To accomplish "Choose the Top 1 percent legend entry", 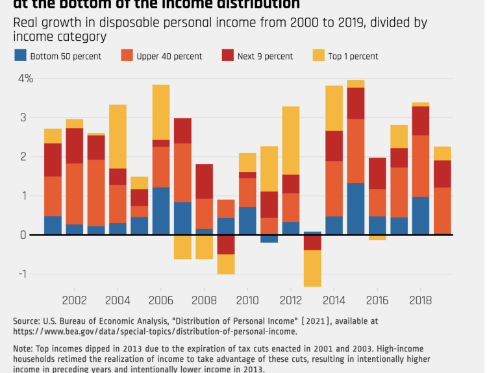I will tap(345, 56).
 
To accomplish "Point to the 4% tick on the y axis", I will tap(25, 78).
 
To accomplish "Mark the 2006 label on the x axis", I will tap(160, 301).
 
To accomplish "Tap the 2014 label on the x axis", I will tap(334, 301).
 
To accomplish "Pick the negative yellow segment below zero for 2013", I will tap(312, 268).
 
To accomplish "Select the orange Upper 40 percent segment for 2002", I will tap(74, 194).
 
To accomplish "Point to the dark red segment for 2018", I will tap(420, 121).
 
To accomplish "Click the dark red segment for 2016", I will tap(377, 173).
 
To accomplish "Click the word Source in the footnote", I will tap(27, 321).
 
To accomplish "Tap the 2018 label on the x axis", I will tap(420, 301).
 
